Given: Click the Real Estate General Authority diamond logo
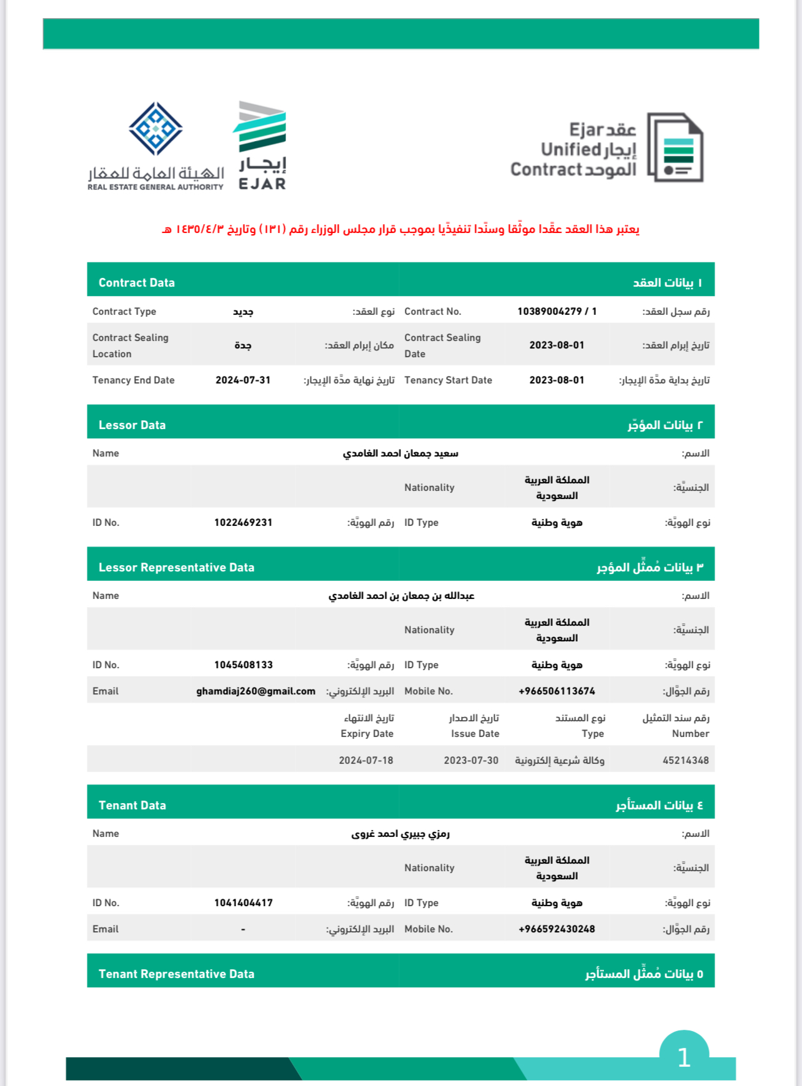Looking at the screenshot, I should pyautogui.click(x=156, y=129).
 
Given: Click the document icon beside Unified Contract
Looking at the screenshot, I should pyautogui.click(x=675, y=147).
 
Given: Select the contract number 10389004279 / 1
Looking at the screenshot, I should pyautogui.click(x=557, y=311).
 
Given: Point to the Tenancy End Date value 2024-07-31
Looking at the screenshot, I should pyautogui.click(x=243, y=380).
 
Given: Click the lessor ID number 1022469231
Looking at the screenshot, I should pyautogui.click(x=243, y=522).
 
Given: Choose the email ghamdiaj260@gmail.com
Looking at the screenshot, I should pyautogui.click(x=255, y=691).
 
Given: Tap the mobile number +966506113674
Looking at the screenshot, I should pyautogui.click(x=557, y=691).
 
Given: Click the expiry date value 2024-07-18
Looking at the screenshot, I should pyautogui.click(x=366, y=760).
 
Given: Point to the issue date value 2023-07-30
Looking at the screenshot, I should pyautogui.click(x=471, y=760).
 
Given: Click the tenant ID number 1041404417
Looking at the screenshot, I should pyautogui.click(x=243, y=902).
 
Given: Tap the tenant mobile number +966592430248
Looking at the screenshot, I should pyautogui.click(x=557, y=929).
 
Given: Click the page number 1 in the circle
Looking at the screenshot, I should pyautogui.click(x=684, y=1057).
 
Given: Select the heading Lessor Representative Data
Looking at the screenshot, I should pyautogui.click(x=176, y=567).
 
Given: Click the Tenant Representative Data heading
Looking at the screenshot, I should pyautogui.click(x=176, y=974).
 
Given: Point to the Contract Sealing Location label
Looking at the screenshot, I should pyautogui.click(x=130, y=345).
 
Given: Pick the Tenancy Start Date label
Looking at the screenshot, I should pyautogui.click(x=448, y=380).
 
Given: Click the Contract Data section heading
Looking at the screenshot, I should pyautogui.click(x=136, y=282).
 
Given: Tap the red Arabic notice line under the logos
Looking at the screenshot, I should pyautogui.click(x=400, y=229).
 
